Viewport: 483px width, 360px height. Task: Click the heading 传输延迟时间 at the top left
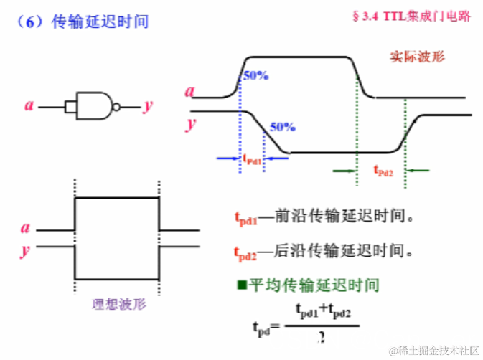coord(100,22)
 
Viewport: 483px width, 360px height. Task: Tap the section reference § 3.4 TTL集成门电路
coord(412,16)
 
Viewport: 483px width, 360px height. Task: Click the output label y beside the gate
coord(147,106)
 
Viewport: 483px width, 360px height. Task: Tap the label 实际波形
coord(417,57)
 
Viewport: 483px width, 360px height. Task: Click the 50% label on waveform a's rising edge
coord(255,75)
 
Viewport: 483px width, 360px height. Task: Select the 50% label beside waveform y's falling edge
coord(282,127)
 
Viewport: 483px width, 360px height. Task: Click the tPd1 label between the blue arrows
coord(253,159)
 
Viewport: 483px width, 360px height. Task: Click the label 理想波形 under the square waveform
coord(119,303)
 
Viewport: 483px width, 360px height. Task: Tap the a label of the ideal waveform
coord(26,229)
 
